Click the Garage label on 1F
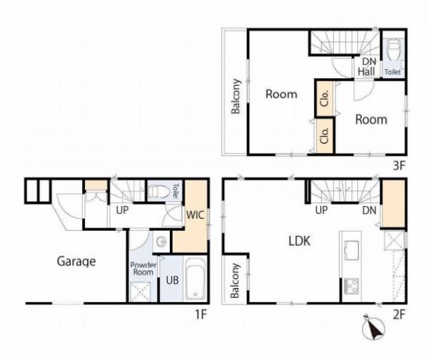[x=76, y=262]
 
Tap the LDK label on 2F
[x=300, y=241]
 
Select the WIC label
[x=195, y=215]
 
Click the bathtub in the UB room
[x=195, y=279]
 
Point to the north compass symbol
[x=373, y=327]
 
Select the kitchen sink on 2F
[x=351, y=250]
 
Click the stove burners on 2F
[x=351, y=286]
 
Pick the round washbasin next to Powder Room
[x=162, y=242]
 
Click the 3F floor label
[x=399, y=165]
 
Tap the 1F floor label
[x=200, y=314]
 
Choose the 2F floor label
[x=399, y=314]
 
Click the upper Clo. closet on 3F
[x=325, y=98]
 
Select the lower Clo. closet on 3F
[x=325, y=136]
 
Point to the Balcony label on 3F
[x=235, y=96]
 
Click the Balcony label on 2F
[x=235, y=281]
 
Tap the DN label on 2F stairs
[x=370, y=210]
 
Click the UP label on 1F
[x=122, y=210]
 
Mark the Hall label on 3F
[x=366, y=72]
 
